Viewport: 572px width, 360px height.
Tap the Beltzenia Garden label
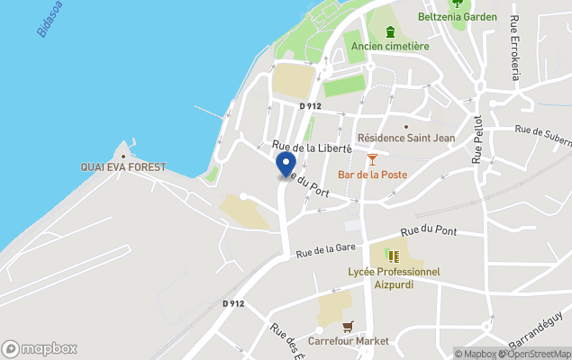tap(458, 16)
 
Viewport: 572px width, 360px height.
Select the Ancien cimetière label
tap(390, 46)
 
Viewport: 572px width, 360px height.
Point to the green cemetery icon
tap(390, 32)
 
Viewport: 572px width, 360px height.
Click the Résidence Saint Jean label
tap(406, 138)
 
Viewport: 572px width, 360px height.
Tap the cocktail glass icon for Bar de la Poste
tap(372, 159)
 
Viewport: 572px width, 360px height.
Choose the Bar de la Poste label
tap(372, 175)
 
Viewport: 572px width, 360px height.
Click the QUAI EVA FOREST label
tap(123, 167)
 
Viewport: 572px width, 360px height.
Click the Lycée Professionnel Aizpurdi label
tap(394, 277)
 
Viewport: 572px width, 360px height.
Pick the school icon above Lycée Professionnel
tap(394, 256)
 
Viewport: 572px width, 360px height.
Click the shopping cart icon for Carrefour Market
tap(348, 327)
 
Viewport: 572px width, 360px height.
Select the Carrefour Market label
tap(348, 341)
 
